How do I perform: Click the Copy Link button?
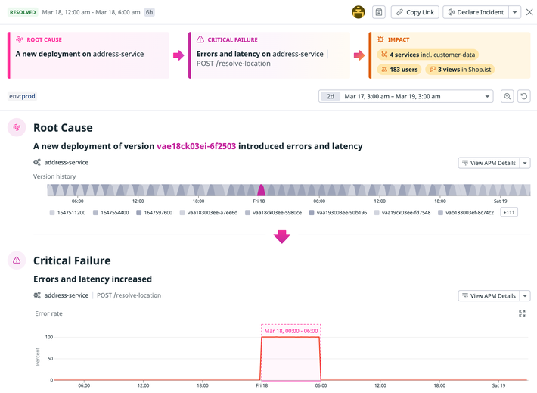click(x=414, y=12)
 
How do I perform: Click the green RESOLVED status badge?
click(x=22, y=12)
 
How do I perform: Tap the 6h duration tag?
click(x=150, y=12)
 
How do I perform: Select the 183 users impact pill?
click(x=399, y=70)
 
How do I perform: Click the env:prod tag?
click(x=23, y=96)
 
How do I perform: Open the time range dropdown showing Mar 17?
click(x=406, y=96)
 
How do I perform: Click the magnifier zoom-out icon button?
click(x=508, y=96)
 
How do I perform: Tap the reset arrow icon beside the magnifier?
click(x=523, y=96)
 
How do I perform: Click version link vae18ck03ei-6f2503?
click(x=196, y=146)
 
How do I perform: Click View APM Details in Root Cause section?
click(x=489, y=163)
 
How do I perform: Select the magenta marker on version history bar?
click(x=261, y=190)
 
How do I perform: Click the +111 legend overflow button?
click(x=509, y=213)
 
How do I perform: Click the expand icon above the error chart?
click(x=522, y=313)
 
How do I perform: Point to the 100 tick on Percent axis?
click(x=48, y=337)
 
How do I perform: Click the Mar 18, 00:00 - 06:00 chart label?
click(x=290, y=330)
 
